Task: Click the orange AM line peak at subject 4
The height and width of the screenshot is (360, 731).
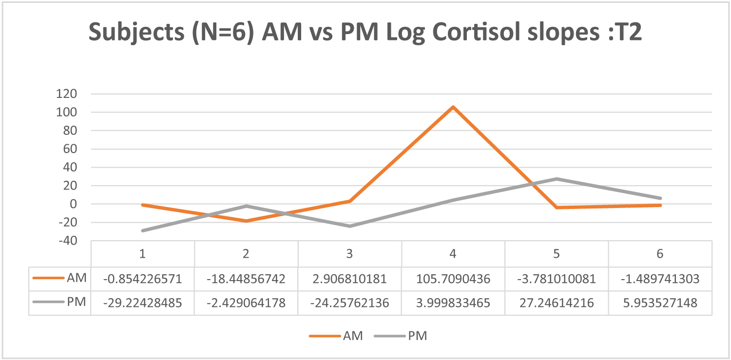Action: (x=453, y=107)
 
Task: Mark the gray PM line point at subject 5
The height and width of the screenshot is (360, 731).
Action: (x=557, y=179)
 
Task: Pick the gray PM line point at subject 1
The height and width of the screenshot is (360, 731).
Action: (x=143, y=230)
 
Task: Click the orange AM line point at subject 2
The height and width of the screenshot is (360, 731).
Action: (x=246, y=221)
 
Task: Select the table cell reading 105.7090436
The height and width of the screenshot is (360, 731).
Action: (x=453, y=279)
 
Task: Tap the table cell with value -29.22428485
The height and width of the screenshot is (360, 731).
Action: (x=143, y=303)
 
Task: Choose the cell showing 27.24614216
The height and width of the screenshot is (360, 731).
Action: (x=557, y=303)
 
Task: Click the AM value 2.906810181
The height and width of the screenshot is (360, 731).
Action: (x=349, y=279)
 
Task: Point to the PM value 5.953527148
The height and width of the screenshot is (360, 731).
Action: (x=660, y=303)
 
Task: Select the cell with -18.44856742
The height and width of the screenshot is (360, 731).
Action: (x=246, y=279)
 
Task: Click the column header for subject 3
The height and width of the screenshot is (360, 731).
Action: (x=349, y=254)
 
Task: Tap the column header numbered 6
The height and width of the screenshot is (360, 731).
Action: (x=660, y=254)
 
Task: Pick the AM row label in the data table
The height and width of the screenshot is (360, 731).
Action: (x=77, y=278)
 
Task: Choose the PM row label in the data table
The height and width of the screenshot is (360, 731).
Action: (x=77, y=302)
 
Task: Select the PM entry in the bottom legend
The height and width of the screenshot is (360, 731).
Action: (x=418, y=336)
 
